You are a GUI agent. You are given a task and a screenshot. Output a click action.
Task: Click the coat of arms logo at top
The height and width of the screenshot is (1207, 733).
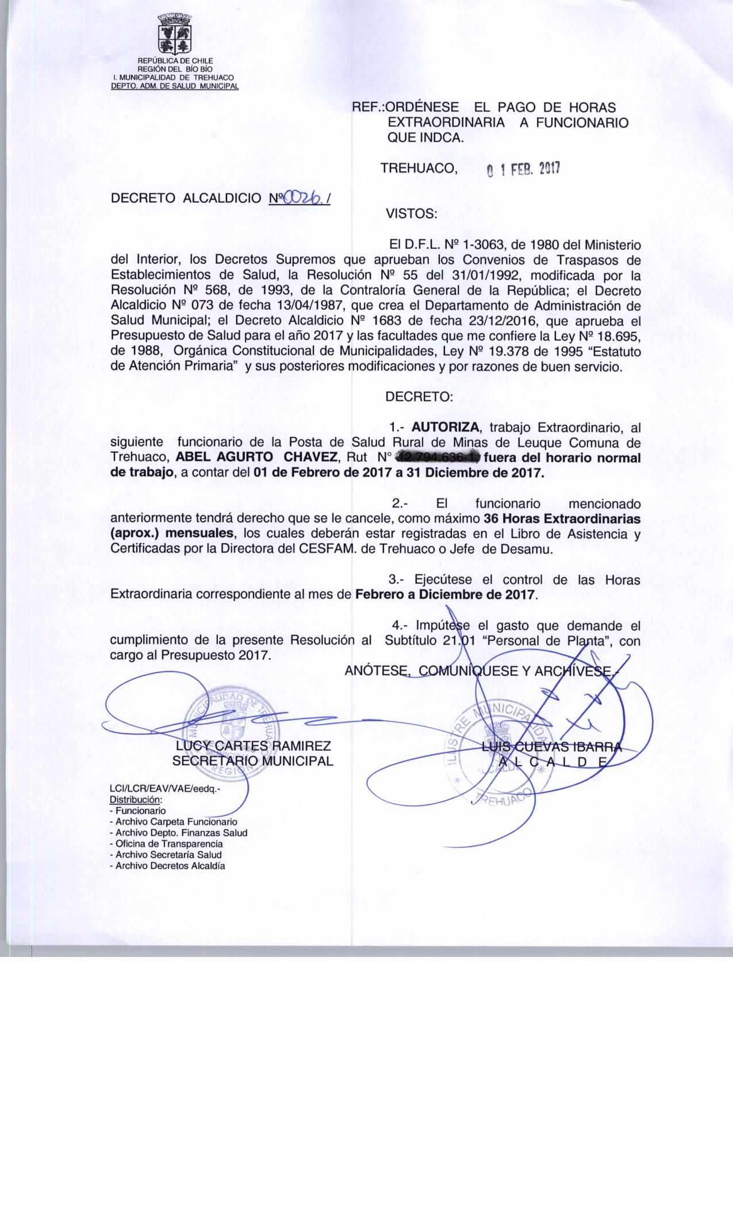click(x=175, y=36)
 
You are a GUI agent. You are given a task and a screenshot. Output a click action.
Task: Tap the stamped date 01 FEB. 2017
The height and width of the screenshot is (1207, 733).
click(x=523, y=170)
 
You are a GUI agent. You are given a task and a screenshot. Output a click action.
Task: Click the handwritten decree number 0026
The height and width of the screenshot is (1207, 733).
click(x=302, y=198)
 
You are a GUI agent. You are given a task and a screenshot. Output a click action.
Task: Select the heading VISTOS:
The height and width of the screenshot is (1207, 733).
click(x=412, y=214)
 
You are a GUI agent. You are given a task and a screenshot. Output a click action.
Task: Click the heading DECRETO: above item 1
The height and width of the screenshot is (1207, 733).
click(x=419, y=397)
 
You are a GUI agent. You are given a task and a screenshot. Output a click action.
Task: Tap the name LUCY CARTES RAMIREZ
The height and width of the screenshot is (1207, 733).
click(x=253, y=746)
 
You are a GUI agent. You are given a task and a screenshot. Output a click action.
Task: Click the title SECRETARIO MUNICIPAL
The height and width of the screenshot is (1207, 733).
click(x=253, y=761)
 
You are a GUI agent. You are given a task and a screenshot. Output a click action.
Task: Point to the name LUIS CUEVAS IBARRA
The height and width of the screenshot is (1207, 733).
click(x=552, y=747)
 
